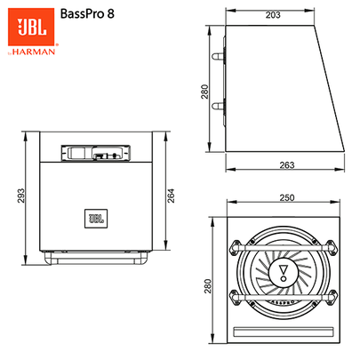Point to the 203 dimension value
click(273, 15)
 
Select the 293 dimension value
click(20, 196)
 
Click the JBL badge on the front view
click(96, 218)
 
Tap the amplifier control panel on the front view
click(95, 153)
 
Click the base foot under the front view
click(96, 260)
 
